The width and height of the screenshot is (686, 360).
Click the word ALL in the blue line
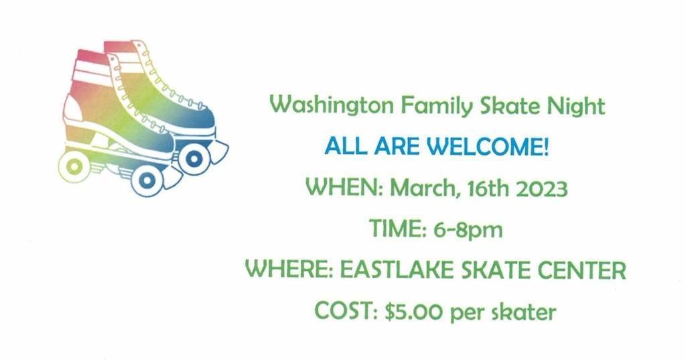(345, 146)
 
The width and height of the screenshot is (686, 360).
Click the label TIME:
(398, 229)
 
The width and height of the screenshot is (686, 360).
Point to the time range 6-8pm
(468, 229)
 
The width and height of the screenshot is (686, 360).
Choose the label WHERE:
(289, 269)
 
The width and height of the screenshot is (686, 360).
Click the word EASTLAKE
(397, 269)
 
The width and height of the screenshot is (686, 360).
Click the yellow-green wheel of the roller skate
(74, 166)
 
